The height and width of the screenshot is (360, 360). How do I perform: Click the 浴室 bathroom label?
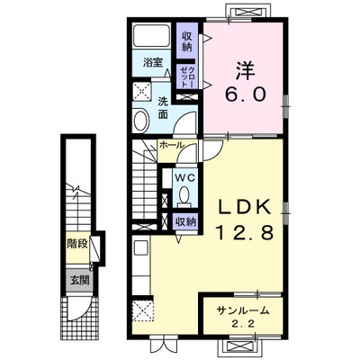click(153, 63)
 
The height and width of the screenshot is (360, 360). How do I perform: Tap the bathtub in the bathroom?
click(151, 36)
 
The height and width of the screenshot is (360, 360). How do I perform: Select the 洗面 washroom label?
click(163, 108)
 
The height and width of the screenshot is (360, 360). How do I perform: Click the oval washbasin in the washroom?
click(141, 121)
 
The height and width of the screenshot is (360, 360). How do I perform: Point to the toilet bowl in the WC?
click(184, 195)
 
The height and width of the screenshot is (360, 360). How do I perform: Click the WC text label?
click(185, 178)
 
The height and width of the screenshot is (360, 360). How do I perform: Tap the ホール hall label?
click(171, 146)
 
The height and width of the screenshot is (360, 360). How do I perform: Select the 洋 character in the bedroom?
click(245, 70)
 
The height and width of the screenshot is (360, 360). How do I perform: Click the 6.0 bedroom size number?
click(246, 95)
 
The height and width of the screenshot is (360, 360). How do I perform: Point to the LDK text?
click(245, 207)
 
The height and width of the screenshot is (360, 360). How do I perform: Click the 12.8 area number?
click(244, 233)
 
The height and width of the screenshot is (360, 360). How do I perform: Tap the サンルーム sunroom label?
click(243, 310)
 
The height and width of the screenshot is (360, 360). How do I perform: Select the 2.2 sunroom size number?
click(243, 324)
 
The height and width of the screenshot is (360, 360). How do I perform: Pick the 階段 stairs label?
click(77, 244)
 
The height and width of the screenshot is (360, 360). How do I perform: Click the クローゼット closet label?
click(187, 76)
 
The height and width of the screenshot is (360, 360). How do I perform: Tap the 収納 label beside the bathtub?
click(187, 41)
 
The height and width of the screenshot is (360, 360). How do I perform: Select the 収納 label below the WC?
click(185, 222)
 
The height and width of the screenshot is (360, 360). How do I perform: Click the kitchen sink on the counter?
click(140, 248)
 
